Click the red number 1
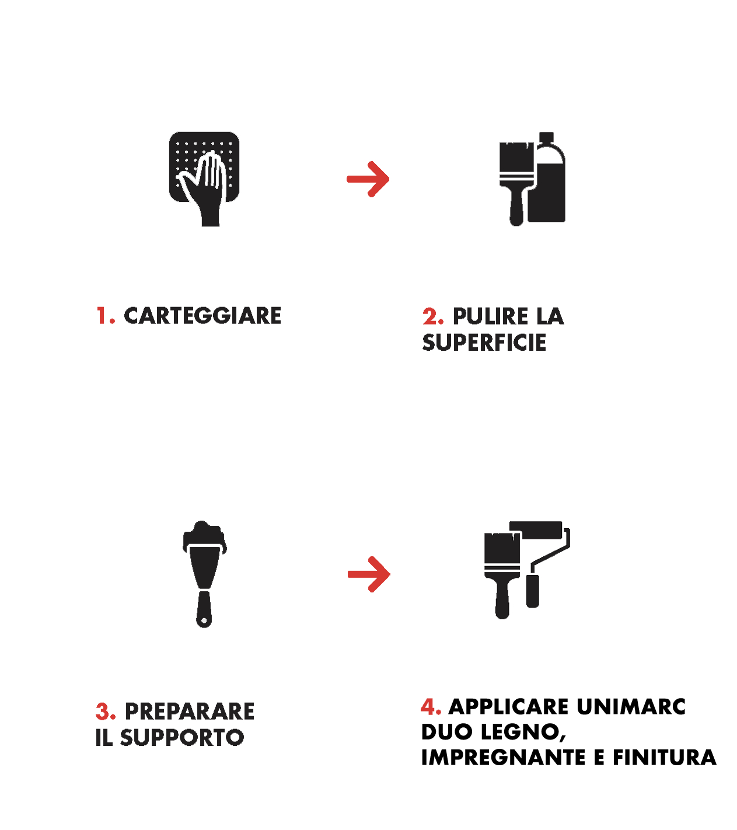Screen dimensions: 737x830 [x=105, y=315]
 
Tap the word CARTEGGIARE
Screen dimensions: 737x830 [x=202, y=315]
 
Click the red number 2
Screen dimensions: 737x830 [x=432, y=316]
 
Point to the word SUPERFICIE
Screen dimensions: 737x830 [x=484, y=343]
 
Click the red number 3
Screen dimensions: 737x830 [x=105, y=711]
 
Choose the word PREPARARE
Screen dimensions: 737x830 [x=190, y=711]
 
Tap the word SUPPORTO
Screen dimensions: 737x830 [x=182, y=738]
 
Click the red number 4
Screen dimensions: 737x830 [x=431, y=707]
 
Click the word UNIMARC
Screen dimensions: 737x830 [x=631, y=707]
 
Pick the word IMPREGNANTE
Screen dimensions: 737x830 [x=504, y=758]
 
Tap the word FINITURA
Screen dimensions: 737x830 [x=665, y=758]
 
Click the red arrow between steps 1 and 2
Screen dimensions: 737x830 [x=368, y=179]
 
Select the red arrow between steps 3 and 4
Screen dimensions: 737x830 [x=369, y=574]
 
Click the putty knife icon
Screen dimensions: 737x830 [x=204, y=574]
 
